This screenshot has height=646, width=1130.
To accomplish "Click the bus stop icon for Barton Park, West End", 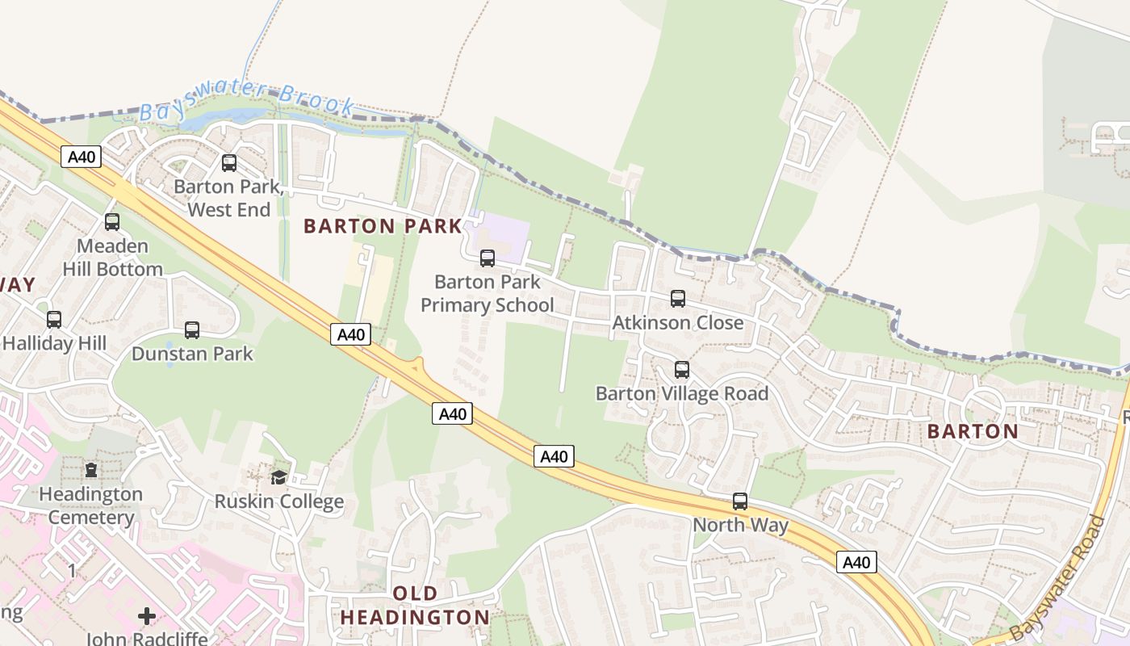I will (229, 163).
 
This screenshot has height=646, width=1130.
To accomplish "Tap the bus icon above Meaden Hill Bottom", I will (112, 222).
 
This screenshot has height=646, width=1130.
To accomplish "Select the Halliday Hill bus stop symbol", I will (54, 320).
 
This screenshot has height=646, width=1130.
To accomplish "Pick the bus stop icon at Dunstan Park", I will (192, 330).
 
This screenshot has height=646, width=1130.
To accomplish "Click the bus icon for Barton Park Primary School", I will (488, 258).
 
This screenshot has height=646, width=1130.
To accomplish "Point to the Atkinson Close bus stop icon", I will (678, 299).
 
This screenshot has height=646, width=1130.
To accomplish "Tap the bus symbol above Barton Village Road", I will (682, 370).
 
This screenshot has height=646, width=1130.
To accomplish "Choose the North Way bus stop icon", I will (740, 501).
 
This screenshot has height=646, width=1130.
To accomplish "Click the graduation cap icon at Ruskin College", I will (278, 477).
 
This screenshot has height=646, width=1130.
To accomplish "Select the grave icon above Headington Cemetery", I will (91, 470).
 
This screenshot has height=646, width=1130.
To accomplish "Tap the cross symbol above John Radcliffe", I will (147, 616).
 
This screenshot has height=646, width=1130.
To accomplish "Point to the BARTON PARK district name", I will (383, 226).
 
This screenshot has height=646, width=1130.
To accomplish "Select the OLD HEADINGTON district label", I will (415, 606).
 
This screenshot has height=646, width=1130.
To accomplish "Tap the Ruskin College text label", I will (278, 501).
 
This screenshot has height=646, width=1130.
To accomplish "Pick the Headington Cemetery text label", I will (90, 505).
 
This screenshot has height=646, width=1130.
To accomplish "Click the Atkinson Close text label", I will (678, 323).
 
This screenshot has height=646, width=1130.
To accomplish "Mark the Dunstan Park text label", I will (192, 354).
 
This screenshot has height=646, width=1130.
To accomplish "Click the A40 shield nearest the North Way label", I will (856, 562).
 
